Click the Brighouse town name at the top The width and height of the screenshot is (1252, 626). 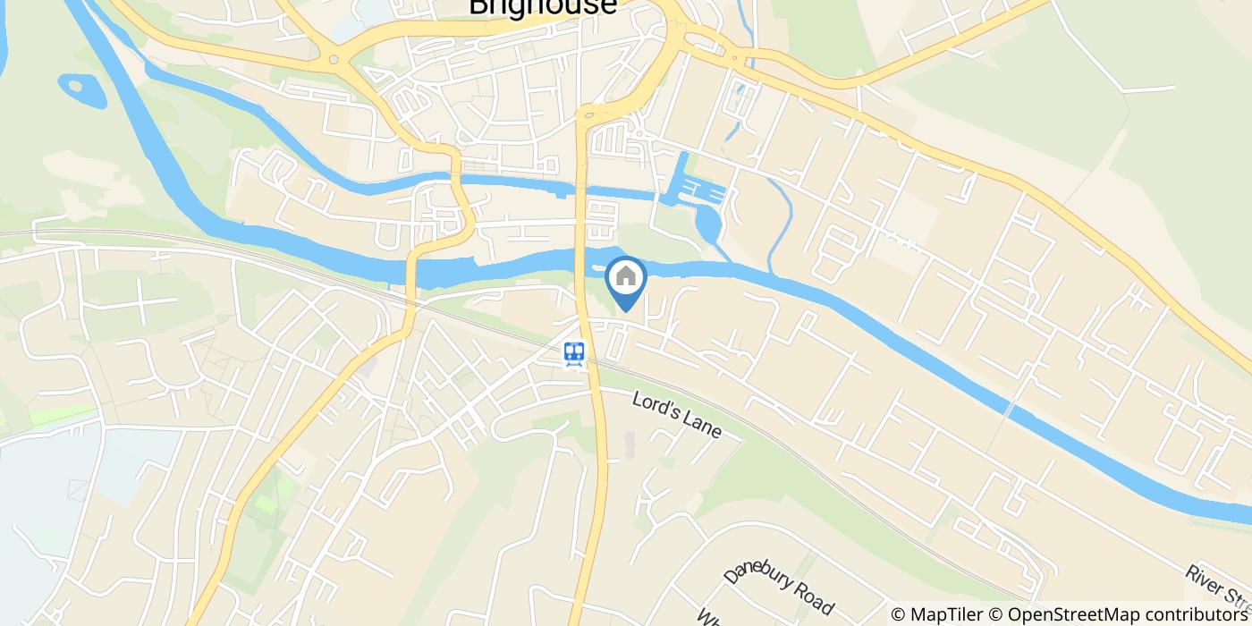[x=543, y=7]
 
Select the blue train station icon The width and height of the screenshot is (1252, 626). [x=574, y=353]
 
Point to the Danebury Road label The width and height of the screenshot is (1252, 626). [x=778, y=581]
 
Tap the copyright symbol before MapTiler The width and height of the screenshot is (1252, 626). [x=899, y=614]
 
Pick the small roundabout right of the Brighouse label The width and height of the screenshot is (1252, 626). [x=734, y=57]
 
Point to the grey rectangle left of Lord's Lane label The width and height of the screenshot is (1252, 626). [x=629, y=444]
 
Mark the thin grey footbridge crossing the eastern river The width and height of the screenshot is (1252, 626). [x=1009, y=411]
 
